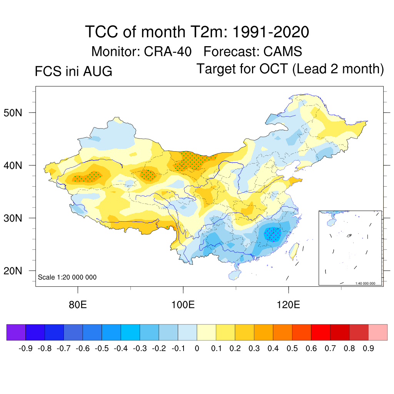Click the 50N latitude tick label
pyautogui.click(x=13, y=113)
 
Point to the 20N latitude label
pyautogui.click(x=13, y=271)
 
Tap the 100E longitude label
pyautogui.click(x=183, y=305)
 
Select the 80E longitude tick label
pyautogui.click(x=78, y=305)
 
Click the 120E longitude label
pyautogui.click(x=288, y=305)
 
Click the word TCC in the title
pyautogui.click(x=102, y=32)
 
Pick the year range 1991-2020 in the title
pyautogui.click(x=271, y=32)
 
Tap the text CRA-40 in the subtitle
pyautogui.click(x=168, y=52)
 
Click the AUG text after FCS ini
pyautogui.click(x=98, y=71)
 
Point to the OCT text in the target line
pyautogui.click(x=274, y=68)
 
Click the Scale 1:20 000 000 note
pyautogui.click(x=67, y=277)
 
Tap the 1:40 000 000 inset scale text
pyautogui.click(x=365, y=284)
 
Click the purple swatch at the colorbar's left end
pyautogui.click(x=16, y=332)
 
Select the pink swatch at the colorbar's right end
pyautogui.click(x=378, y=332)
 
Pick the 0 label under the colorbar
pyautogui.click(x=197, y=349)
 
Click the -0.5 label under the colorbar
pyautogui.click(x=102, y=349)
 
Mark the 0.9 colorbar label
pyautogui.click(x=368, y=349)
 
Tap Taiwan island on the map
pyautogui.click(x=294, y=251)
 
